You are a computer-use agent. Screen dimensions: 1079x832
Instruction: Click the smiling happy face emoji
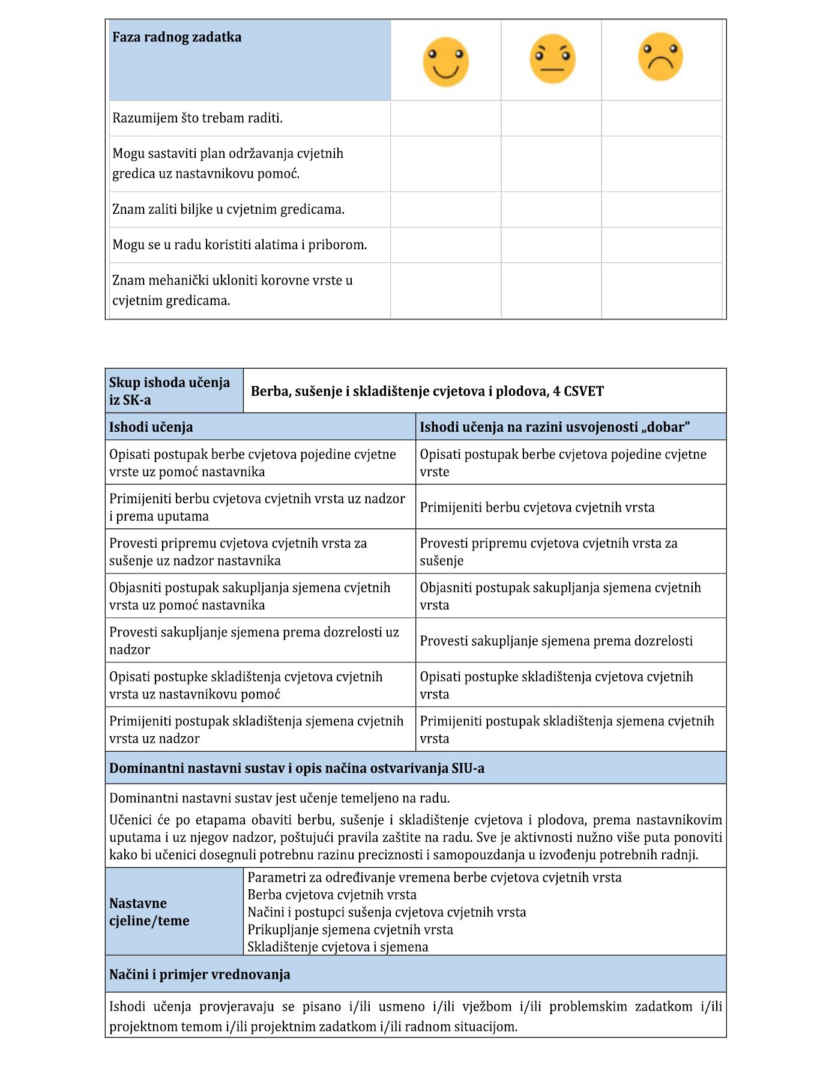pos(445,62)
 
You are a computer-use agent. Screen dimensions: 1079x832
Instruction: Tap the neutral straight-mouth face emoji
pos(552,59)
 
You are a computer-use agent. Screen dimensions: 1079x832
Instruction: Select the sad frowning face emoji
pos(660,57)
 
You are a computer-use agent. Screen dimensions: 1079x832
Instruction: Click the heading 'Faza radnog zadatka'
pos(177,37)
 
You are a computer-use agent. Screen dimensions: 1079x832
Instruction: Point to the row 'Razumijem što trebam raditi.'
pos(197,118)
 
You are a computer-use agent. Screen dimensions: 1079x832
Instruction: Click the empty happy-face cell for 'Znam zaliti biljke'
pos(445,210)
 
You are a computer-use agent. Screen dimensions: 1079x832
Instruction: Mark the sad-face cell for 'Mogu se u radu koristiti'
pos(661,245)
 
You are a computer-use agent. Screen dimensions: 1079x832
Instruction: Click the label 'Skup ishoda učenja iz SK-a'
pos(169,391)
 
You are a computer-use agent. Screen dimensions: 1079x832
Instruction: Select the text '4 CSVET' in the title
pos(579,391)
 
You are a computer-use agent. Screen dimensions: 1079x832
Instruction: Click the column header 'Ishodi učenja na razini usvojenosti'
pos(554,427)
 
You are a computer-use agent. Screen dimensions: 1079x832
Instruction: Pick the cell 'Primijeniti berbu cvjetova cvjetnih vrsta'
pos(537,507)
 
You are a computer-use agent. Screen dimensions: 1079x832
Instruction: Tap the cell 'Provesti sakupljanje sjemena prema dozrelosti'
pos(556,641)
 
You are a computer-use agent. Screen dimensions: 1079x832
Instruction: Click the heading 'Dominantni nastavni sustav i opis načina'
pos(297,768)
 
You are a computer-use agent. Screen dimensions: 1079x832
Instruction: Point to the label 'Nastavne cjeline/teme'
pos(149,911)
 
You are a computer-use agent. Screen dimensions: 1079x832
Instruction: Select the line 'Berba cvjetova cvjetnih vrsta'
pos(332,895)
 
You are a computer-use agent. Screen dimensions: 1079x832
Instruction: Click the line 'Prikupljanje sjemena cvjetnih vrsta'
pos(350,929)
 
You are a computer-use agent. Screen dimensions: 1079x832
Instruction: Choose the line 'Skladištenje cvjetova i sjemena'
pos(338,947)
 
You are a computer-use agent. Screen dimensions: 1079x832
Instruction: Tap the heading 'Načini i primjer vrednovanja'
pos(199,974)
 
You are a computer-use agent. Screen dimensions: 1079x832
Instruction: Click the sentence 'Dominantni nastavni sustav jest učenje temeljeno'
pos(279,798)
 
